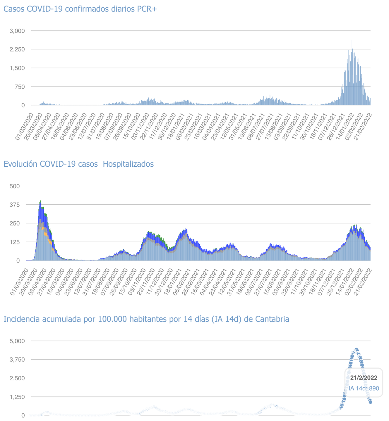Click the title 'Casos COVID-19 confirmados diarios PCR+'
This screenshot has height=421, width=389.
(x=80, y=9)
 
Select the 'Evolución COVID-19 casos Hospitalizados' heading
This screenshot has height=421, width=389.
(x=78, y=164)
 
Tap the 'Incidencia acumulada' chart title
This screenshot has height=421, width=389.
(x=146, y=319)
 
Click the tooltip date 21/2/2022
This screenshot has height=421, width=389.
(x=364, y=378)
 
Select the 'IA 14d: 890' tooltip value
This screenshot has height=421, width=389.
(x=364, y=389)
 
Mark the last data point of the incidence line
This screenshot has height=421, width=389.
(x=371, y=402)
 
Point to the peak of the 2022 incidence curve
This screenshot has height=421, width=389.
(x=356, y=350)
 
